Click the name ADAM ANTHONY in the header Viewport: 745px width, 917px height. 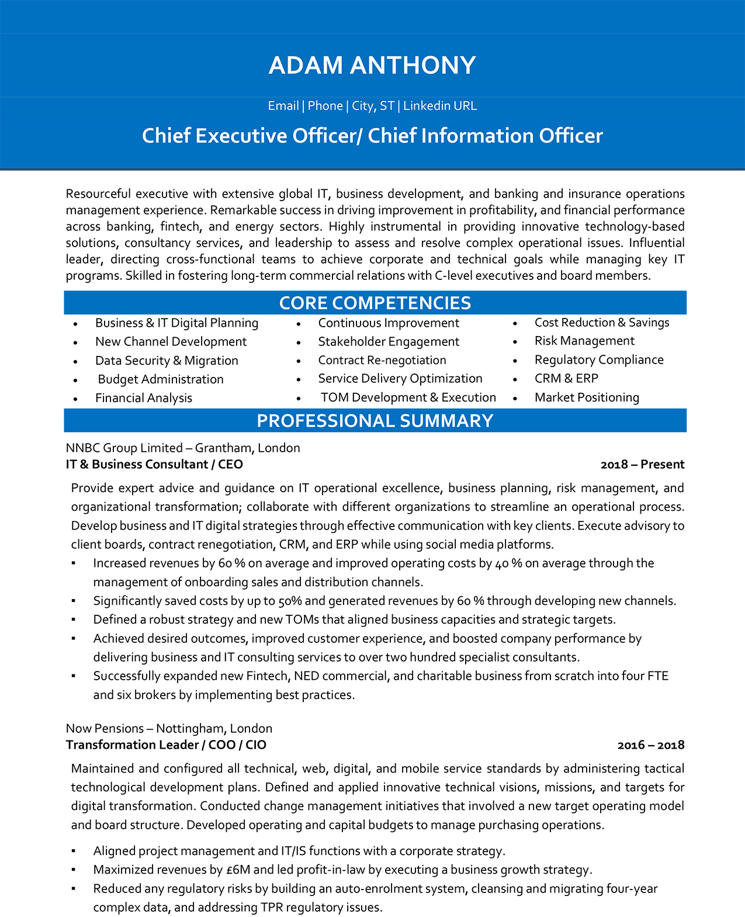(372, 65)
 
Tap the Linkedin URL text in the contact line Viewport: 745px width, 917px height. (440, 106)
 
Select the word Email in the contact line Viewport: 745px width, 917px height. (283, 106)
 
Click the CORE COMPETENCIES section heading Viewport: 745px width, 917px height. (375, 303)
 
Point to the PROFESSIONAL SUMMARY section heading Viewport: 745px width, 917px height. (375, 421)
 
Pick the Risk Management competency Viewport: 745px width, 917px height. (584, 341)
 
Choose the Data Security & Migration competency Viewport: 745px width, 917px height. (167, 361)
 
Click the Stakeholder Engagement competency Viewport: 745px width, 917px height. (389, 342)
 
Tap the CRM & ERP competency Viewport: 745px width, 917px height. (566, 379)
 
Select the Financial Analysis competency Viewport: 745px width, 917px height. (144, 398)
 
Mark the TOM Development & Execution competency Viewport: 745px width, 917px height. (408, 397)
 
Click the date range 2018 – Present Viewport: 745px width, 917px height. (642, 465)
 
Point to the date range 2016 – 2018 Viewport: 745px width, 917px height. (650, 745)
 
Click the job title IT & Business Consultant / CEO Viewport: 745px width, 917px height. (154, 465)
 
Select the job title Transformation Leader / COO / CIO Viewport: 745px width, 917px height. (166, 745)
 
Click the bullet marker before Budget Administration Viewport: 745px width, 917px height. (75, 380)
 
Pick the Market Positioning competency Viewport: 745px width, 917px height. (587, 397)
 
